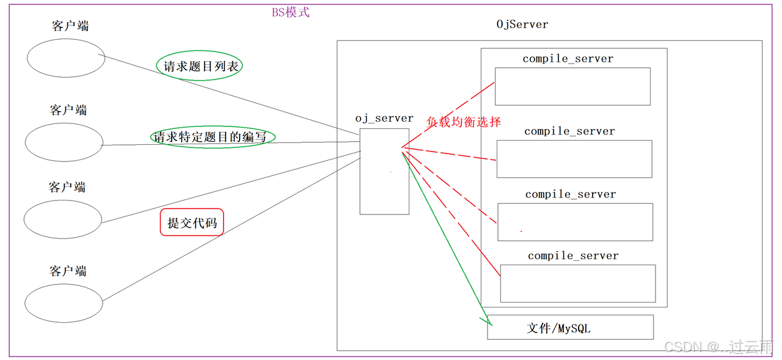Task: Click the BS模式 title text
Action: pos(291,12)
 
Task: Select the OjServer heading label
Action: pos(522,24)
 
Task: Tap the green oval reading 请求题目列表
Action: pos(200,67)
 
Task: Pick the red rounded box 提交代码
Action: pos(192,223)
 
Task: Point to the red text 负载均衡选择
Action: pos(464,122)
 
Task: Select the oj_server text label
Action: pos(384,119)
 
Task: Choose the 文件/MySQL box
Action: pos(570,328)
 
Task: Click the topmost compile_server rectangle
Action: pos(572,86)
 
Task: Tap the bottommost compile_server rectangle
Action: pos(577,283)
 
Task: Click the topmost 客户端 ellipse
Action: pos(66,58)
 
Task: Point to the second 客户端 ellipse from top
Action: pos(64,142)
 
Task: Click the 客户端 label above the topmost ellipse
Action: pos(70,26)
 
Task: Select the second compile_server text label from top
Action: pos(569,131)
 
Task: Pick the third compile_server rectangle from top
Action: pos(575,222)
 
